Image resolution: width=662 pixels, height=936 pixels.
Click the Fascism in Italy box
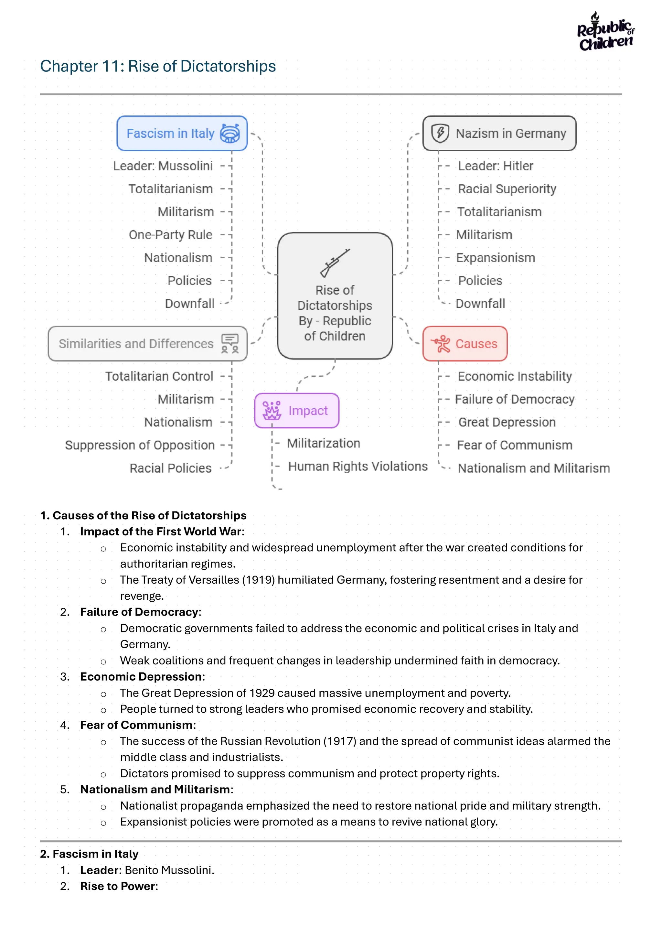click(182, 133)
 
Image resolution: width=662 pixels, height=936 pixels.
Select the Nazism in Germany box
click(499, 133)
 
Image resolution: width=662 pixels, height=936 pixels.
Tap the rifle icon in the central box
click(335, 263)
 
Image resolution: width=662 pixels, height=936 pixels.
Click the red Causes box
click(465, 344)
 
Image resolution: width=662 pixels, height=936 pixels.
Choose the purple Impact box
click(296, 411)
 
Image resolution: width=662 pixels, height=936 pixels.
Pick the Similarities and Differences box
click(148, 344)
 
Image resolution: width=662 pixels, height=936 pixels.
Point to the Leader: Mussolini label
click(163, 166)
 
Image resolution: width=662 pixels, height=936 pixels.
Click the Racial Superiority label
click(507, 189)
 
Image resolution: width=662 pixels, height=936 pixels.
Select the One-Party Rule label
click(170, 235)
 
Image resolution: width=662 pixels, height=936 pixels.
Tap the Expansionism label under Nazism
click(495, 258)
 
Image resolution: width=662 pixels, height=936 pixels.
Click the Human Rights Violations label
click(358, 466)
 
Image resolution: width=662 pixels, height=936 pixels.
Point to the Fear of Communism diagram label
click(514, 445)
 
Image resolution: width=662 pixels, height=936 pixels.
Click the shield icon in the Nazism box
click(440, 133)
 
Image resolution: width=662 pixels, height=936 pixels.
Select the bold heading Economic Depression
click(141, 677)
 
